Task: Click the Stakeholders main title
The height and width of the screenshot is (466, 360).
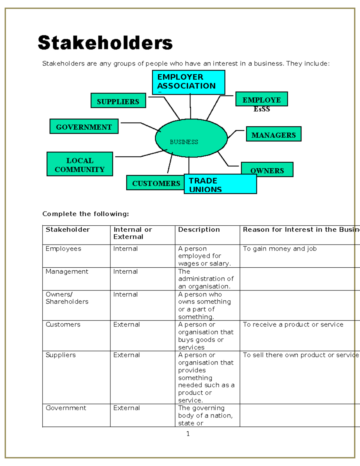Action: pos(105,43)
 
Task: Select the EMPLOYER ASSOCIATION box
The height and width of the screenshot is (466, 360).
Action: pos(188,82)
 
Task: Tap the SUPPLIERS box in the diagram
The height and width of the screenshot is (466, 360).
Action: pos(118,101)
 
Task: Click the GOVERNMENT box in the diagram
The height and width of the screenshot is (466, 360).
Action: pos(84,126)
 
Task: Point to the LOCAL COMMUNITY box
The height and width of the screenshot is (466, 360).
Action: pos(80,164)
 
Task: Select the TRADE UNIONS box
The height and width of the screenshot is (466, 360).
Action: pos(220,184)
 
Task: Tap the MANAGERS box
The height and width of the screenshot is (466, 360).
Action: pos(274,134)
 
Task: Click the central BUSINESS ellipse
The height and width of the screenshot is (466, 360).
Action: pos(191,138)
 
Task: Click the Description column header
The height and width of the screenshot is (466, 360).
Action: pos(199,230)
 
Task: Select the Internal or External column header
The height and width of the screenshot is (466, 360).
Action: pos(133,233)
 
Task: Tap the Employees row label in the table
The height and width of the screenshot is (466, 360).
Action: pos(63,249)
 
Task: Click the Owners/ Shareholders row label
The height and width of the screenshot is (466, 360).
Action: pos(67,298)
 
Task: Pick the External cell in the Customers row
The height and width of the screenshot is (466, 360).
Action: pos(126,324)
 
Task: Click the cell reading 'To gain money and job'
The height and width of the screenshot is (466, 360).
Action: pos(280,249)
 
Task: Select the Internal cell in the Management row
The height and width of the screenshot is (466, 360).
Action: pos(125,272)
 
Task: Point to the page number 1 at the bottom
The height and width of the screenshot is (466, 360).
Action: pos(188,434)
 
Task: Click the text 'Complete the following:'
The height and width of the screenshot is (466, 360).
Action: pos(85,214)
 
